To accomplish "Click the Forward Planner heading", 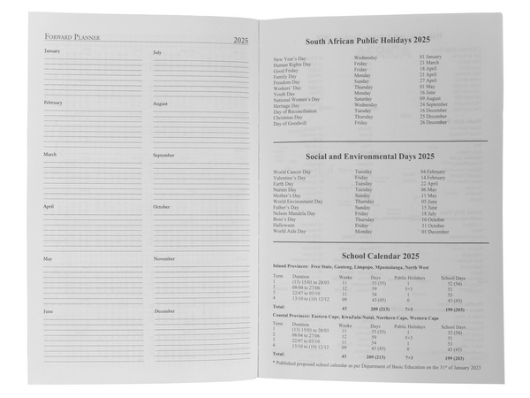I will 73,38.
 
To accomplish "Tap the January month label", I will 52,52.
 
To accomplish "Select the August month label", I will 161,103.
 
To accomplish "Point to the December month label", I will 164,311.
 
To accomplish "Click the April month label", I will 49,207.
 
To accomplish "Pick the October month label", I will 162,207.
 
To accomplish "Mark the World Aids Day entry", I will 290,231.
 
